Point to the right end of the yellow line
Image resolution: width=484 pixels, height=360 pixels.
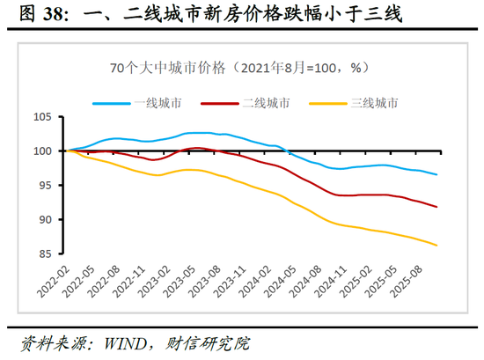click(x=437, y=245)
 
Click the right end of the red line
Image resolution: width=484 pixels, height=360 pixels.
click(x=437, y=207)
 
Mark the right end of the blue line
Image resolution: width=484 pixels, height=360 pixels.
click(x=437, y=174)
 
